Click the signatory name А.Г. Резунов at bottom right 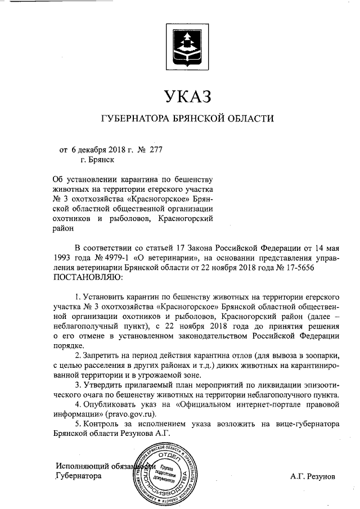tap(312, 476)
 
